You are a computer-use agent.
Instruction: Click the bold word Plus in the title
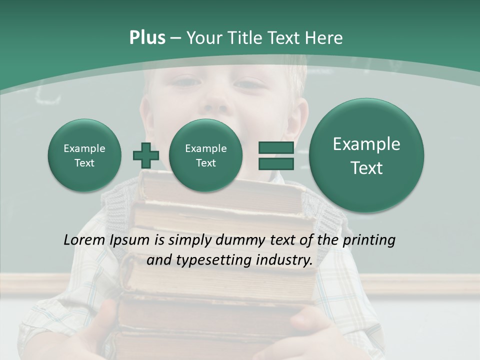click(x=147, y=38)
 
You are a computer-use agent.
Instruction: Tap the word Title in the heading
click(x=244, y=38)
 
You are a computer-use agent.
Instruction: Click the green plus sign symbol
click(x=146, y=155)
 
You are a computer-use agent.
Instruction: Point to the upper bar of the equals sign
click(x=275, y=147)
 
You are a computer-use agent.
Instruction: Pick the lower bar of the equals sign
click(x=275, y=163)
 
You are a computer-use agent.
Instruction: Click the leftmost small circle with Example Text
click(x=84, y=155)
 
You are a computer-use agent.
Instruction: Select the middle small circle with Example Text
click(x=205, y=155)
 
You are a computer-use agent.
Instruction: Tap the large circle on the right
click(x=366, y=155)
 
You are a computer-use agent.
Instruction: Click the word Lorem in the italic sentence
click(x=82, y=240)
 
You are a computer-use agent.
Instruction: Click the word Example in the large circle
click(x=366, y=144)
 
